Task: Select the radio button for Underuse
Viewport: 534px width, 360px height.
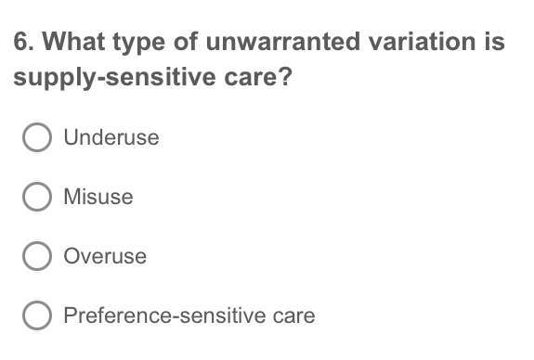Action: tap(37, 138)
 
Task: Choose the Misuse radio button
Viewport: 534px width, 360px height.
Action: tap(37, 197)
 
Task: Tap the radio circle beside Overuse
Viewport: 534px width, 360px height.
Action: tap(37, 256)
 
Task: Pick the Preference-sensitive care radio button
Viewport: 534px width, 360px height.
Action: tap(37, 315)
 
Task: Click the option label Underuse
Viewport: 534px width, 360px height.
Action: tap(111, 138)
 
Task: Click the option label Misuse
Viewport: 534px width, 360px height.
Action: tap(98, 197)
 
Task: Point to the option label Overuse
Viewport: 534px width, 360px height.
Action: tap(104, 256)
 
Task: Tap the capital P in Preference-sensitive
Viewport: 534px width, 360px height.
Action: tap(70, 315)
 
